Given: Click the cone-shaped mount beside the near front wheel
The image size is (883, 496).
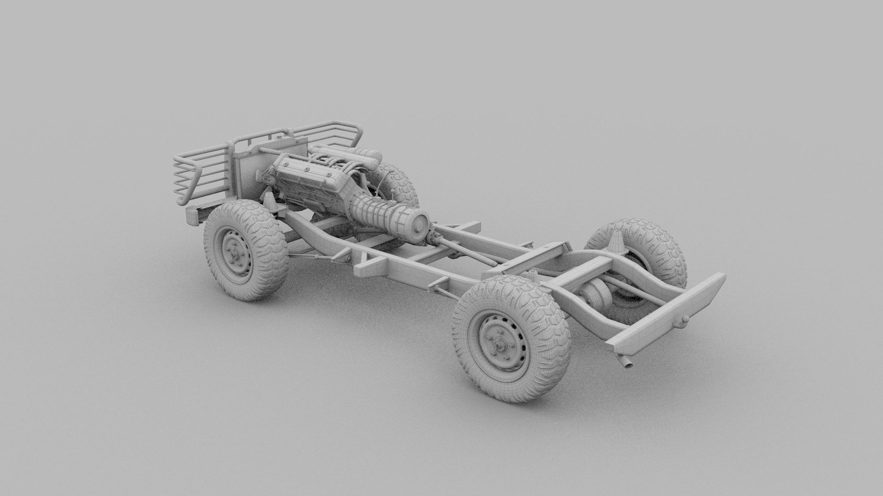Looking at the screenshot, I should click(266, 201).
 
